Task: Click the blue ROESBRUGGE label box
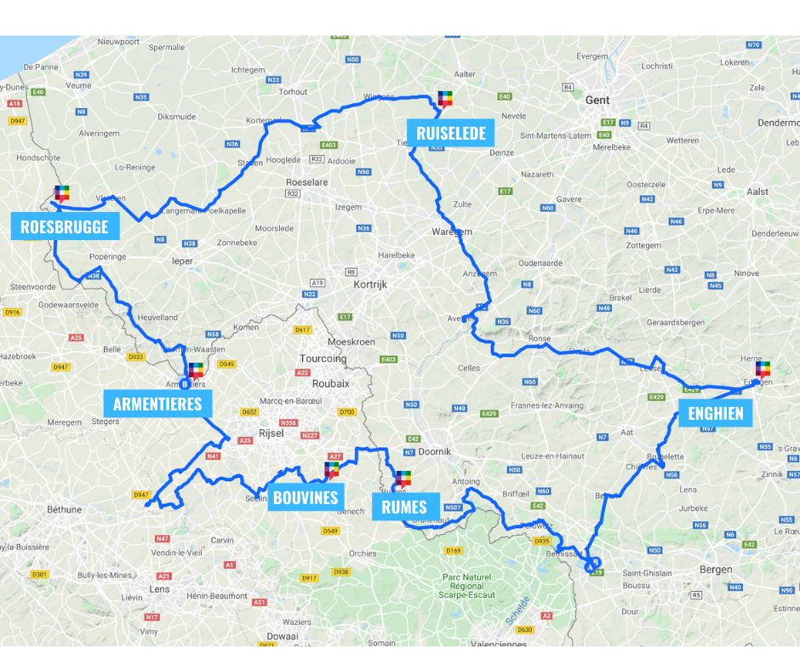pos(65,227)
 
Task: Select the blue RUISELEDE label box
pos(450,134)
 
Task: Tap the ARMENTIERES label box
pos(157,403)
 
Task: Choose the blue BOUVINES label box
pos(305,498)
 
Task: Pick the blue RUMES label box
pos(404,508)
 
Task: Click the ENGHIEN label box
pos(715,415)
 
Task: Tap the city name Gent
pos(597,100)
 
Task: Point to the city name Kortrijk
pos(370,284)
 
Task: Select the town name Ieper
pos(183,261)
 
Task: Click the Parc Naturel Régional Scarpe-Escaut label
pos(468,587)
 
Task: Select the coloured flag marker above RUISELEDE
pos(445,100)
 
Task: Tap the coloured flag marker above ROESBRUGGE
pos(62,193)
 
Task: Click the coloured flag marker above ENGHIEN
pos(763,369)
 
